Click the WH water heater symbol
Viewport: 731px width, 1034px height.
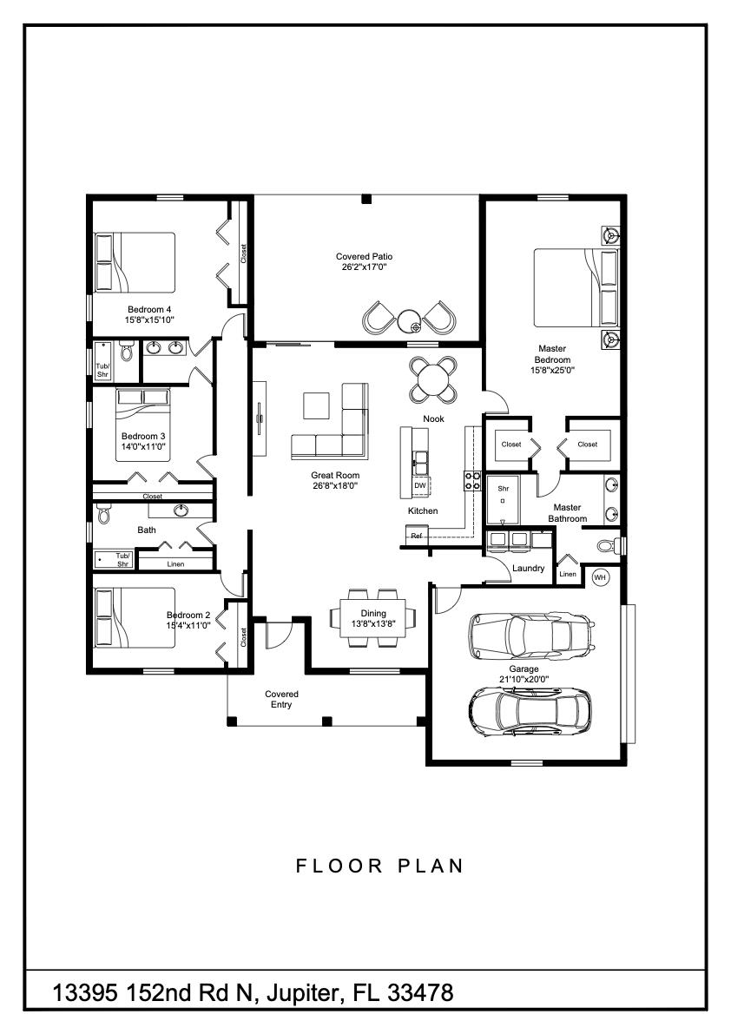coord(600,576)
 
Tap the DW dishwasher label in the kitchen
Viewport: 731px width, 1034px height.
coord(420,486)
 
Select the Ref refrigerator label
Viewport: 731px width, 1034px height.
coord(417,536)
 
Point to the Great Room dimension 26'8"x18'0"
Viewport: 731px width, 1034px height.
coord(335,486)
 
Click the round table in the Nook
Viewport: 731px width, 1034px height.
coord(432,379)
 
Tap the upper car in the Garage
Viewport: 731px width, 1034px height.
coord(530,635)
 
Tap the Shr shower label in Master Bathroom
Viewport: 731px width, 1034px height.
coord(502,489)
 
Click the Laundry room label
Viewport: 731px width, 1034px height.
coord(528,569)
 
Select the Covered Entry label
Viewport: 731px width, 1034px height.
coord(281,699)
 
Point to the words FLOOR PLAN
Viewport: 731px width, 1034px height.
coord(379,866)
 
